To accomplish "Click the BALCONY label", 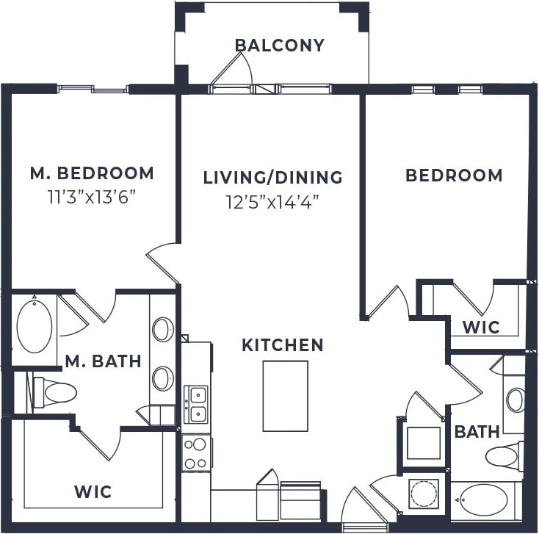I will [279, 46].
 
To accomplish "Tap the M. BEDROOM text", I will [92, 173].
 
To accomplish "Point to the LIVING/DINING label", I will [272, 177].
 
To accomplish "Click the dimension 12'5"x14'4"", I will [272, 201].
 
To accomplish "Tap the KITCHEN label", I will [283, 344].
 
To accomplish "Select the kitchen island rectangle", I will [285, 396].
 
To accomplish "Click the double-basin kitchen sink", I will [195, 405].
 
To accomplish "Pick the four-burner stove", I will [196, 452].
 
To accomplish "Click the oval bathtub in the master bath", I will [35, 325].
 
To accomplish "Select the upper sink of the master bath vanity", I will [163, 329].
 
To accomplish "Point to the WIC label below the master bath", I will [93, 491].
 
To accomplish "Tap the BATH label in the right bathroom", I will [477, 431].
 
